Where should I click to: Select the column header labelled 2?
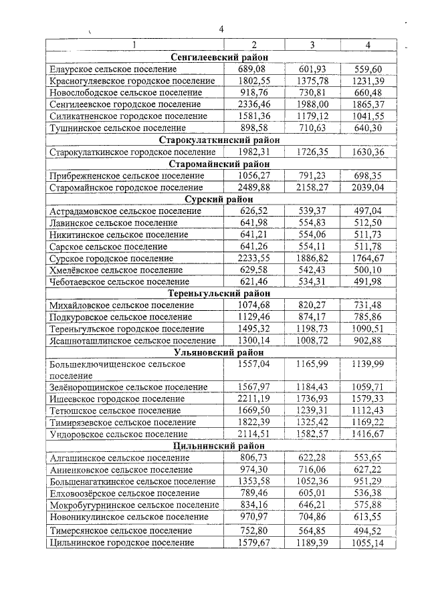point(253,45)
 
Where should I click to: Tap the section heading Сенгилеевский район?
point(219,57)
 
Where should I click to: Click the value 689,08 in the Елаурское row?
point(253,69)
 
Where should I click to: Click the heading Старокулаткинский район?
point(219,140)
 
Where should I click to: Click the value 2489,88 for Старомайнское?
point(253,188)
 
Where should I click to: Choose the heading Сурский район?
point(219,199)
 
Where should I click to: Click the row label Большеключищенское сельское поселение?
point(117,365)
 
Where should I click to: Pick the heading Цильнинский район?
point(219,446)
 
